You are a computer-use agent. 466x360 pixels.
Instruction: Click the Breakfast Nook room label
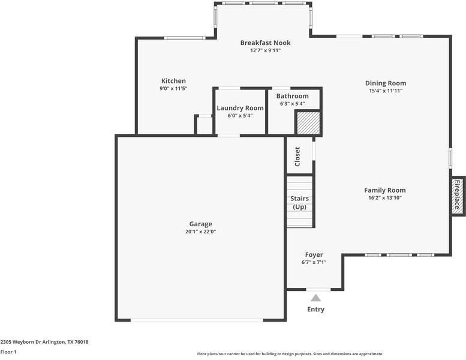266,43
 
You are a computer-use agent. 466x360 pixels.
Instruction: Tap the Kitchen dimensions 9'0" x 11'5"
173,88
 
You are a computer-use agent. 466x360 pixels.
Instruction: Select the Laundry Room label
240,108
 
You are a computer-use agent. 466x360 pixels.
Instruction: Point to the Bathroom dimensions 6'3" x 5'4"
293,104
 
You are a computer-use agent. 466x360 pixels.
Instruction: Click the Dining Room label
386,83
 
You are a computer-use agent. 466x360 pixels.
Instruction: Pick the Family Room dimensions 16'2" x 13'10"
385,197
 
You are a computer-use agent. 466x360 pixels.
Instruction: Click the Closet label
297,157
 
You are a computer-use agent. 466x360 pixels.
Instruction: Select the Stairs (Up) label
300,203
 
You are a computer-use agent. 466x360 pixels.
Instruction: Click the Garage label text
200,224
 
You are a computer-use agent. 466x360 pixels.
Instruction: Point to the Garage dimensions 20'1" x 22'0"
200,232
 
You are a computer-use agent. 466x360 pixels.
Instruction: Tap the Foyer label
314,255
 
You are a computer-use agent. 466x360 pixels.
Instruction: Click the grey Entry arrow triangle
316,298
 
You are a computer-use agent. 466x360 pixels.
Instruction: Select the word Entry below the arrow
315,310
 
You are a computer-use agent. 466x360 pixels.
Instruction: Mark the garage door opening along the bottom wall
197,320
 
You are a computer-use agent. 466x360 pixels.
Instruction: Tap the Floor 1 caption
8,352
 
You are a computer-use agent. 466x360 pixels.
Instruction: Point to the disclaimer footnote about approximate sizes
290,354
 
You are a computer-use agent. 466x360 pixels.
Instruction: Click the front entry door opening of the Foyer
318,289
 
